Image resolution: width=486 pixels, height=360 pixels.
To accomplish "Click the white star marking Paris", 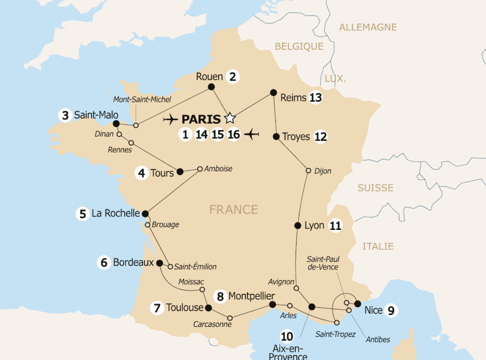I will [230, 117].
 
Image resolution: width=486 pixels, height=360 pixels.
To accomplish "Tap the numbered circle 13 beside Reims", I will [315, 98].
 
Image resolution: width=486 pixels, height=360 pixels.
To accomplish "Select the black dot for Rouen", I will [211, 86].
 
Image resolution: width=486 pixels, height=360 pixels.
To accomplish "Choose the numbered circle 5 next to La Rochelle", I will [83, 214].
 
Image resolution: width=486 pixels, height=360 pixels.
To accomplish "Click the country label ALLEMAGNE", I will [368, 27].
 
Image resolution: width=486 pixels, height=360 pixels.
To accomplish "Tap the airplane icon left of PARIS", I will [170, 119].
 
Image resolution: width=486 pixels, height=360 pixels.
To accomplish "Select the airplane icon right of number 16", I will [252, 135].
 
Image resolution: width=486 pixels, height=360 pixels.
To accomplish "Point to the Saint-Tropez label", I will [336, 334].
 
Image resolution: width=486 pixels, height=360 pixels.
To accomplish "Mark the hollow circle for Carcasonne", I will [230, 318].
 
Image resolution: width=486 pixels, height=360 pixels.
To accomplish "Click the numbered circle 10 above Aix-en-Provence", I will [287, 337].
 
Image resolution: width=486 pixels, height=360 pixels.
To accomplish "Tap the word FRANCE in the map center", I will [234, 209].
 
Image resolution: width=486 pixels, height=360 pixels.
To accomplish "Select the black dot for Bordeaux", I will [159, 263].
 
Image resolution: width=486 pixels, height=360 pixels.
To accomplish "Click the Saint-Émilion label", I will [196, 266].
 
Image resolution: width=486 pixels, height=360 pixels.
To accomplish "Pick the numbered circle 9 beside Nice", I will [391, 311].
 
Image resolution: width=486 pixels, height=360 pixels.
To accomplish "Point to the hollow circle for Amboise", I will [200, 169].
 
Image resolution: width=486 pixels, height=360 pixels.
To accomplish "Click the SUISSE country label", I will [375, 188].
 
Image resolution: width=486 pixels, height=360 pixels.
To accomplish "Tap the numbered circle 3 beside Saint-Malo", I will [65, 115].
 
